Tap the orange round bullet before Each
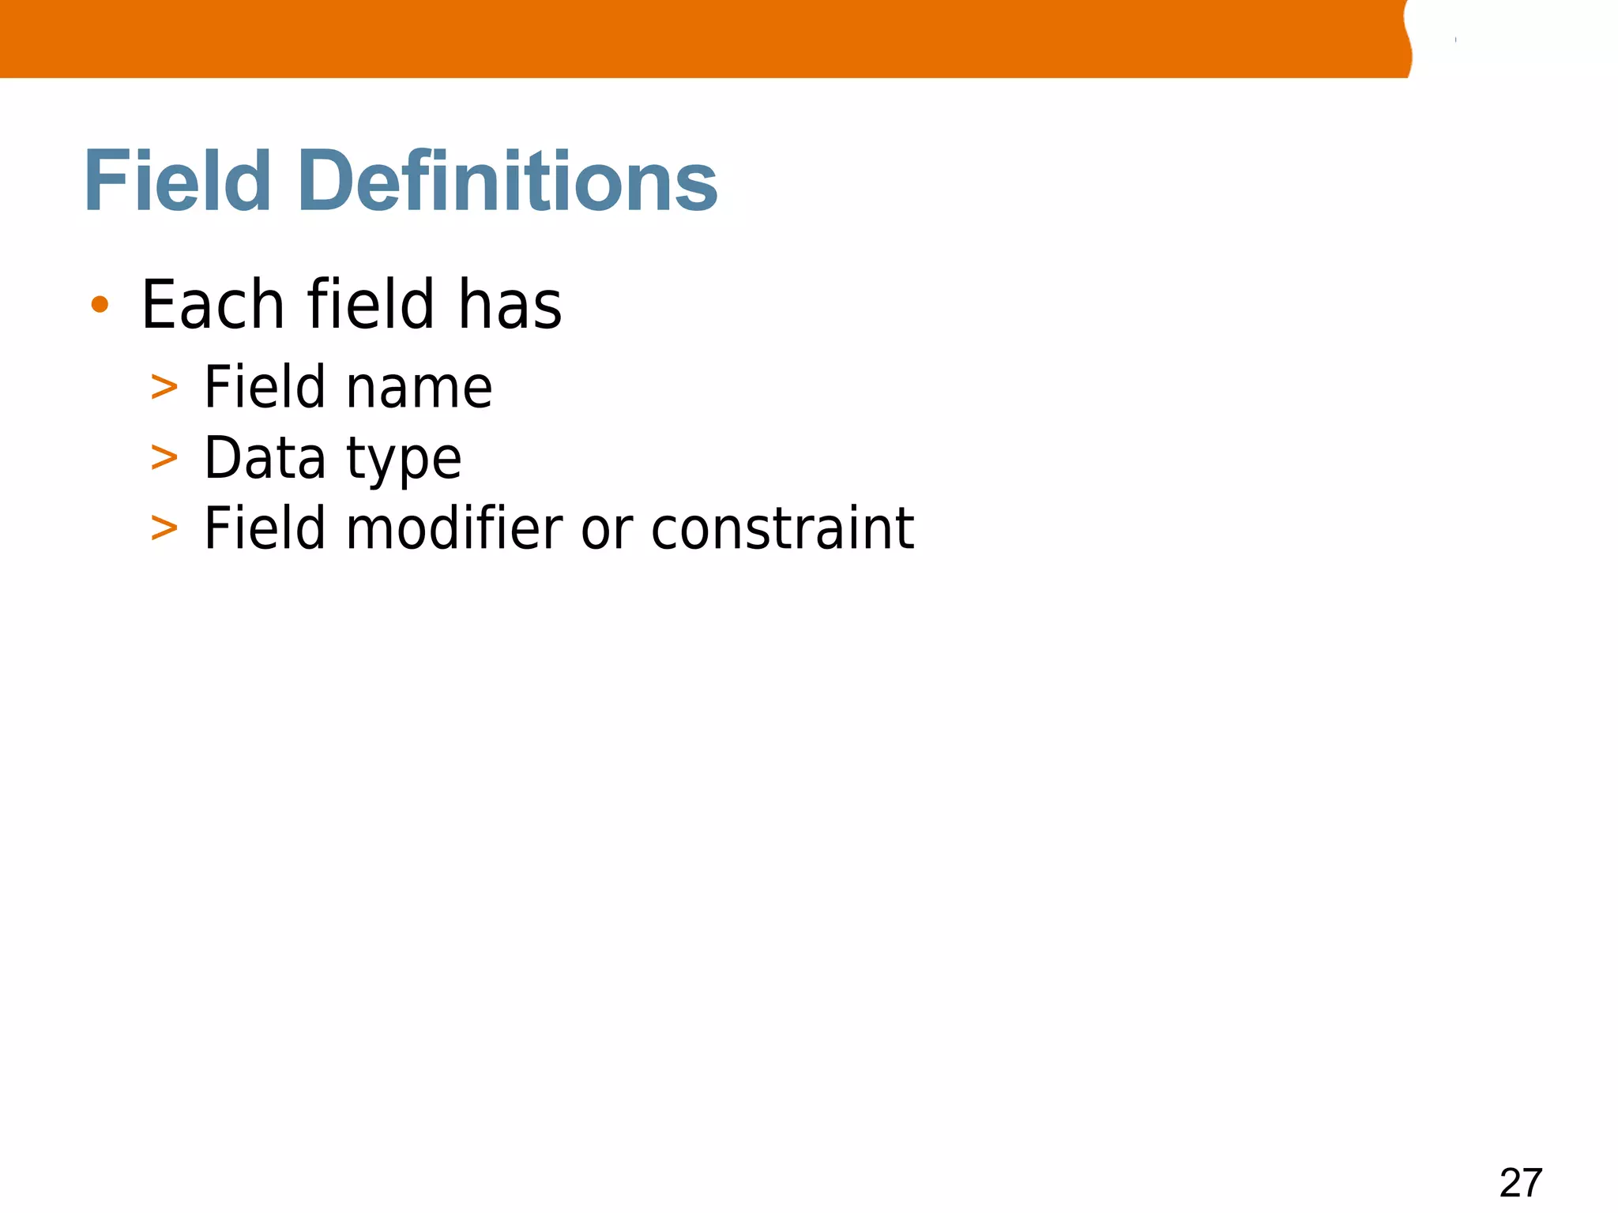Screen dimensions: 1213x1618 tap(100, 304)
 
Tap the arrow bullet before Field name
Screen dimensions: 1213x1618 tap(164, 388)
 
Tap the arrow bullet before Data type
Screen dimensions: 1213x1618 tap(164, 458)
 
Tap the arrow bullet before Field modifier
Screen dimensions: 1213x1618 tap(164, 528)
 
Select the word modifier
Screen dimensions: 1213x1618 tap(454, 528)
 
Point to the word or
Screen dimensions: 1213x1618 tap(607, 531)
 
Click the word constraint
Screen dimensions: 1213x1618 tap(782, 528)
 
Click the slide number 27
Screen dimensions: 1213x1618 tap(1521, 1183)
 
